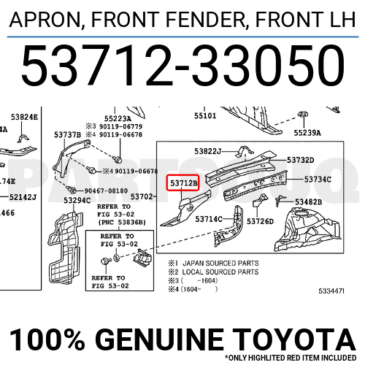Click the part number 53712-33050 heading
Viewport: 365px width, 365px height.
[x=182, y=66]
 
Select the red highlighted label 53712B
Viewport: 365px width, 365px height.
[x=184, y=184]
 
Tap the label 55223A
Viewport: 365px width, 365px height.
[x=118, y=118]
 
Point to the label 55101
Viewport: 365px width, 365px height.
[x=205, y=115]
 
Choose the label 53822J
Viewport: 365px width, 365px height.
[x=209, y=151]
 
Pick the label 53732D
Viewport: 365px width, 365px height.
[x=300, y=161]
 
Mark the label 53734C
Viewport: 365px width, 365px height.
[x=318, y=180]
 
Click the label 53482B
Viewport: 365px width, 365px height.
[x=323, y=202]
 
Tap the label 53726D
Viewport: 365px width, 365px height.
[x=260, y=221]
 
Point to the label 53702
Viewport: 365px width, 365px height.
[x=142, y=196]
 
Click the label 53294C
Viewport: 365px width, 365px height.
[x=77, y=200]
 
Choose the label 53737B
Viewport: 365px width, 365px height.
[x=68, y=134]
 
